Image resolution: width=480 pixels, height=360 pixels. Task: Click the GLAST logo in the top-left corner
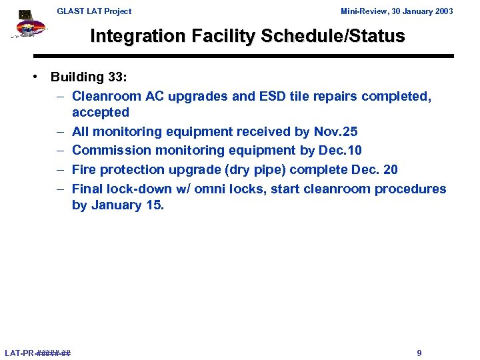click(x=29, y=26)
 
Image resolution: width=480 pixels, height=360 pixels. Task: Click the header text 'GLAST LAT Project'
click(x=94, y=11)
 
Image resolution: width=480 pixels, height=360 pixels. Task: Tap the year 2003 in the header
click(x=442, y=11)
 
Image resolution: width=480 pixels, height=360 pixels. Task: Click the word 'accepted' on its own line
click(x=101, y=113)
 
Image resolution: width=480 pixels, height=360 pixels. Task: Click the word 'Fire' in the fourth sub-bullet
click(x=85, y=170)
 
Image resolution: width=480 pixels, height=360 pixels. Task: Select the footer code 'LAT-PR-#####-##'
click(x=38, y=353)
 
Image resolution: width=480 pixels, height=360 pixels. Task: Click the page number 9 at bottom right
click(x=419, y=353)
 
